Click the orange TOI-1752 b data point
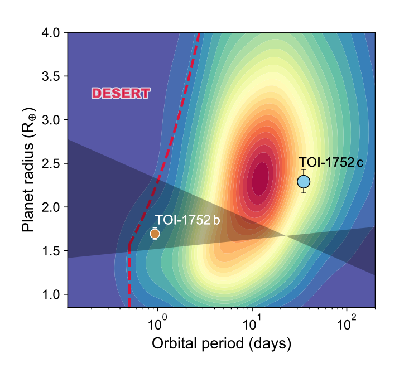(155, 234)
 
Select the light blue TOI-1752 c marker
(304, 181)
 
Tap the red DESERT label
(121, 94)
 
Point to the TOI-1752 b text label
(187, 219)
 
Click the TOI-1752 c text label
(331, 163)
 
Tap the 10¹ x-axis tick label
(252, 322)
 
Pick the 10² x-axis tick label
(347, 322)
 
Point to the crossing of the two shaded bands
(285, 235)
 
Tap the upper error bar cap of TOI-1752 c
(304, 169)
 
